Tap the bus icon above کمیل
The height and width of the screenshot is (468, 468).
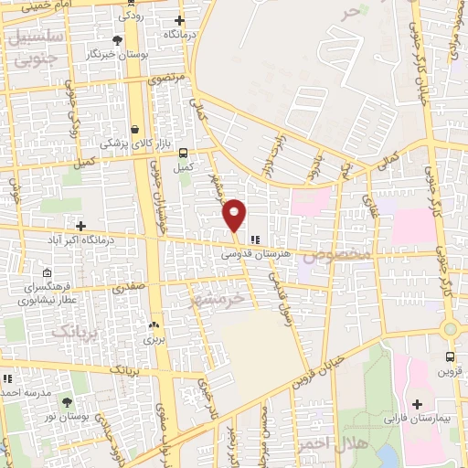tap(185, 153)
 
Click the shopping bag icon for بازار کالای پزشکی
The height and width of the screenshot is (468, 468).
tap(135, 129)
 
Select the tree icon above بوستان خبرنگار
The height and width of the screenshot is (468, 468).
tap(117, 40)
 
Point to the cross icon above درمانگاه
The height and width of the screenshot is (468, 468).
tap(179, 20)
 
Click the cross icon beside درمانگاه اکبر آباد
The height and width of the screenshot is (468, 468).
tap(81, 226)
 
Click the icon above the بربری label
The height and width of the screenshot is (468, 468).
tap(153, 324)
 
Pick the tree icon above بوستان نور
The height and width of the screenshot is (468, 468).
tap(67, 401)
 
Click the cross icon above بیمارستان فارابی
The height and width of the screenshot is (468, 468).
tap(418, 403)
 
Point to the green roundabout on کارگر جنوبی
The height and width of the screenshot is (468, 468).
tap(450, 329)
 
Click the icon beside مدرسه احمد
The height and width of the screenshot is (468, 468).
tap(7, 378)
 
